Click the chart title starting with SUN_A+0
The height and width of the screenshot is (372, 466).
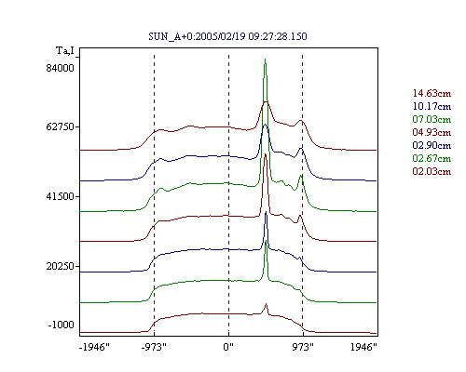(x=227, y=36)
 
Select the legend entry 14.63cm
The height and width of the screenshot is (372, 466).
(x=432, y=93)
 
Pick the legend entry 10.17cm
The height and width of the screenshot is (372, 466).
(x=432, y=106)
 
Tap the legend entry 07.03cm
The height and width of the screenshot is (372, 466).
(x=432, y=119)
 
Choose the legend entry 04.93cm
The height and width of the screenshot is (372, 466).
(x=432, y=132)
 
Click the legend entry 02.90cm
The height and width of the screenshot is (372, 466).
(x=432, y=145)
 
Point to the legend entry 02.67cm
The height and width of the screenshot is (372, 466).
(x=432, y=158)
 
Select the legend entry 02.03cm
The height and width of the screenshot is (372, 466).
(x=432, y=171)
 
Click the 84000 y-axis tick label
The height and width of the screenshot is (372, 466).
(x=61, y=68)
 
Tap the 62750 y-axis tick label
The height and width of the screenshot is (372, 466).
(x=61, y=126)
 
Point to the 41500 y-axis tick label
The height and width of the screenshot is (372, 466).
(x=61, y=196)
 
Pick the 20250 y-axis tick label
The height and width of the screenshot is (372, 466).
(x=61, y=266)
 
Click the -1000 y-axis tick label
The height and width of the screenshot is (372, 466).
(x=62, y=325)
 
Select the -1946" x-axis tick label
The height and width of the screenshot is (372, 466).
(x=94, y=347)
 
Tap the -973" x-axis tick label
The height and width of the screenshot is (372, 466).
(x=154, y=347)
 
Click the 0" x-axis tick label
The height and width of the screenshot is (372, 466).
(x=228, y=347)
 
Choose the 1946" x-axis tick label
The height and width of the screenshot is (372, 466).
(x=363, y=347)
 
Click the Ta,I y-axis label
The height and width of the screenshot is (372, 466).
(x=65, y=50)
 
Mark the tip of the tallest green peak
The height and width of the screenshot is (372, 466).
(x=265, y=59)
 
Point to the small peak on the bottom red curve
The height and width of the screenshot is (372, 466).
(x=266, y=304)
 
